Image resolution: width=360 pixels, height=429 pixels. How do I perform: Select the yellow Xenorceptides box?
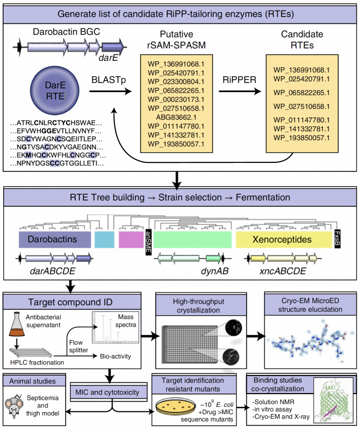tap(283, 240)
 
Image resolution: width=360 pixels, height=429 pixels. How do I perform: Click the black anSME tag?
tap(148, 241)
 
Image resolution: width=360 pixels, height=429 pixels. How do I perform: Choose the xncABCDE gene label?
tap(283, 272)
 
